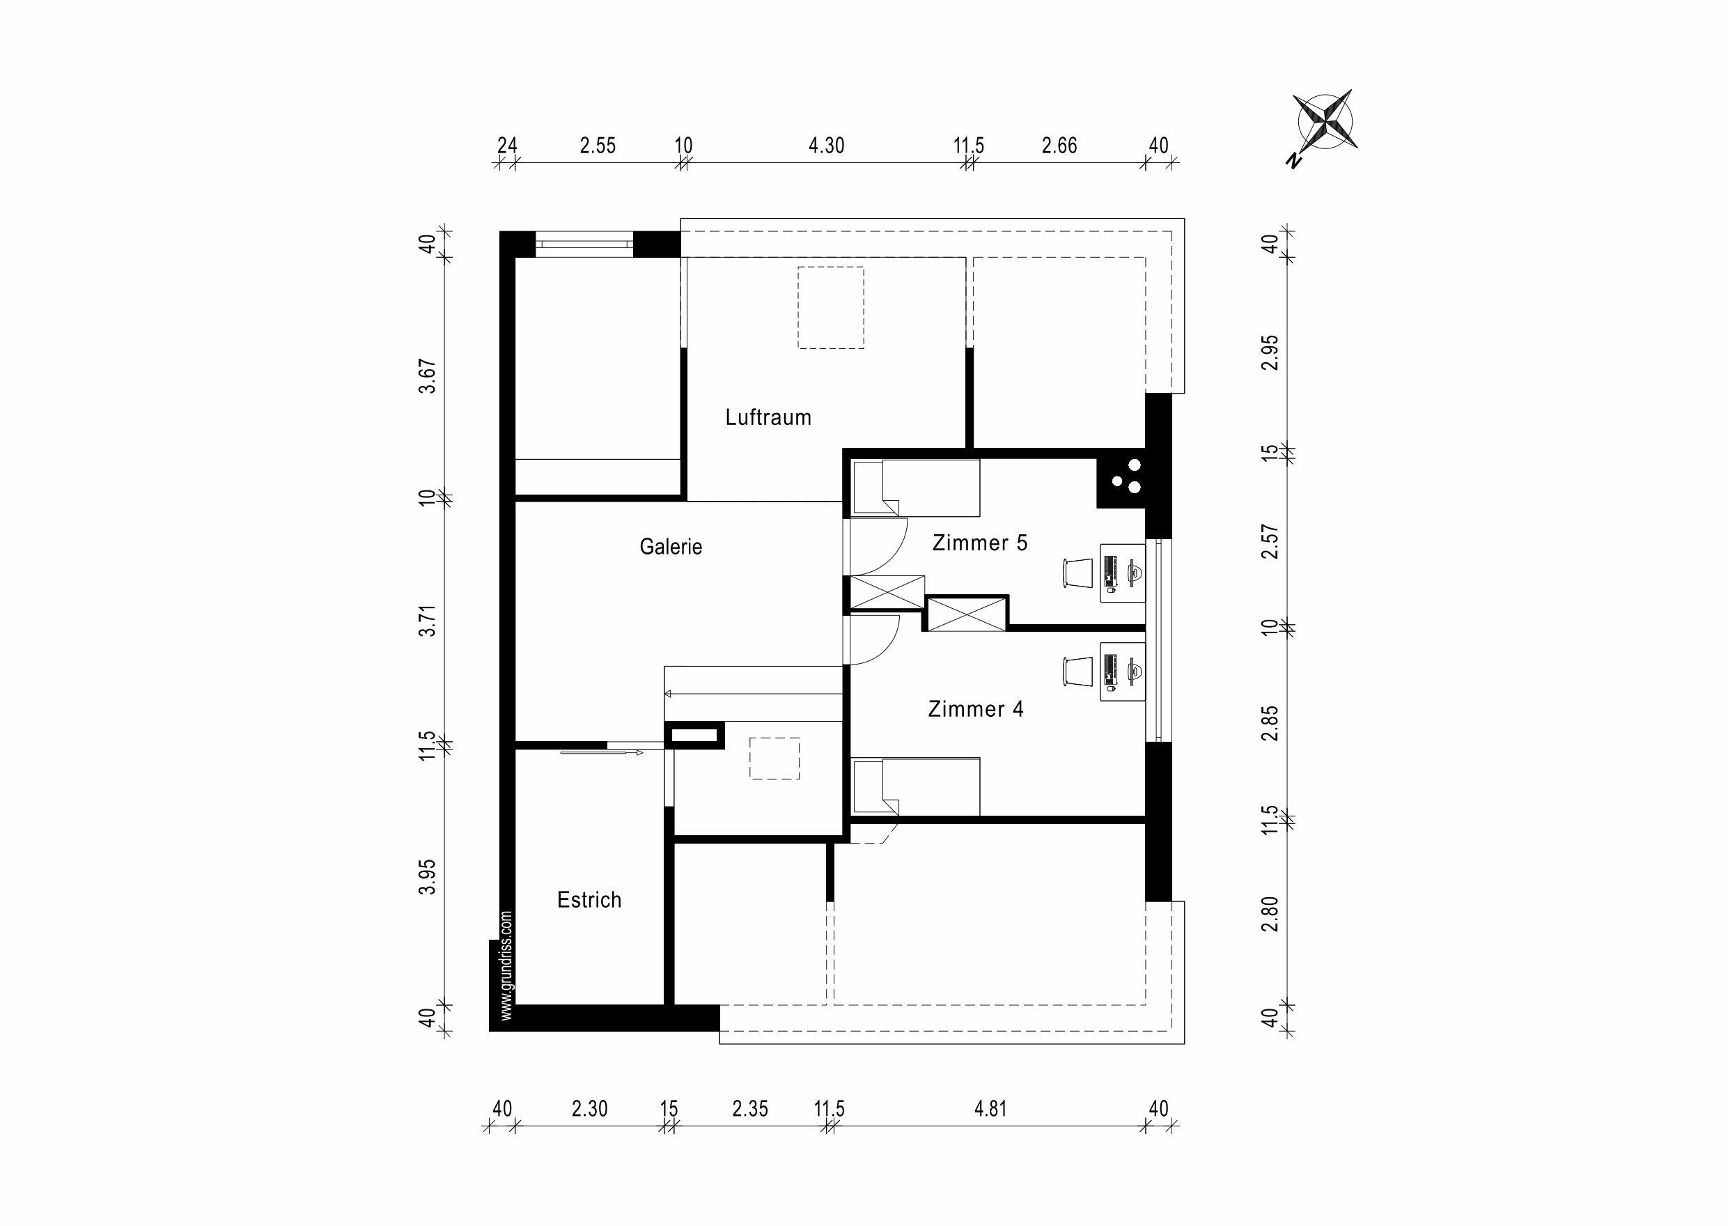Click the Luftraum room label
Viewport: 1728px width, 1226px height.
[768, 417]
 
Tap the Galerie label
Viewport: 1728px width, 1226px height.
[670, 547]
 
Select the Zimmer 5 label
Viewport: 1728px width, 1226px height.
[979, 543]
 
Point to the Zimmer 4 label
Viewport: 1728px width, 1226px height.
[975, 709]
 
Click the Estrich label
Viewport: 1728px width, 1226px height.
[589, 900]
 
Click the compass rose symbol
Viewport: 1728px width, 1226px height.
[1325, 121]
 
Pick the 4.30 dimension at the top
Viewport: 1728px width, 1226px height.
[826, 146]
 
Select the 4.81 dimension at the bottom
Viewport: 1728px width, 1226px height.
[990, 1109]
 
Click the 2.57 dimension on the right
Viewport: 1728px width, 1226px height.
[1270, 541]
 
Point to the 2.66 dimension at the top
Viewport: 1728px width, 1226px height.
[1059, 146]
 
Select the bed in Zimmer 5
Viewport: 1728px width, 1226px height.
[916, 488]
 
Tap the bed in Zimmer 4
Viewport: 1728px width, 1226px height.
[916, 786]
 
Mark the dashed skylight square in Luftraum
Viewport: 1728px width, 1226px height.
[830, 307]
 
